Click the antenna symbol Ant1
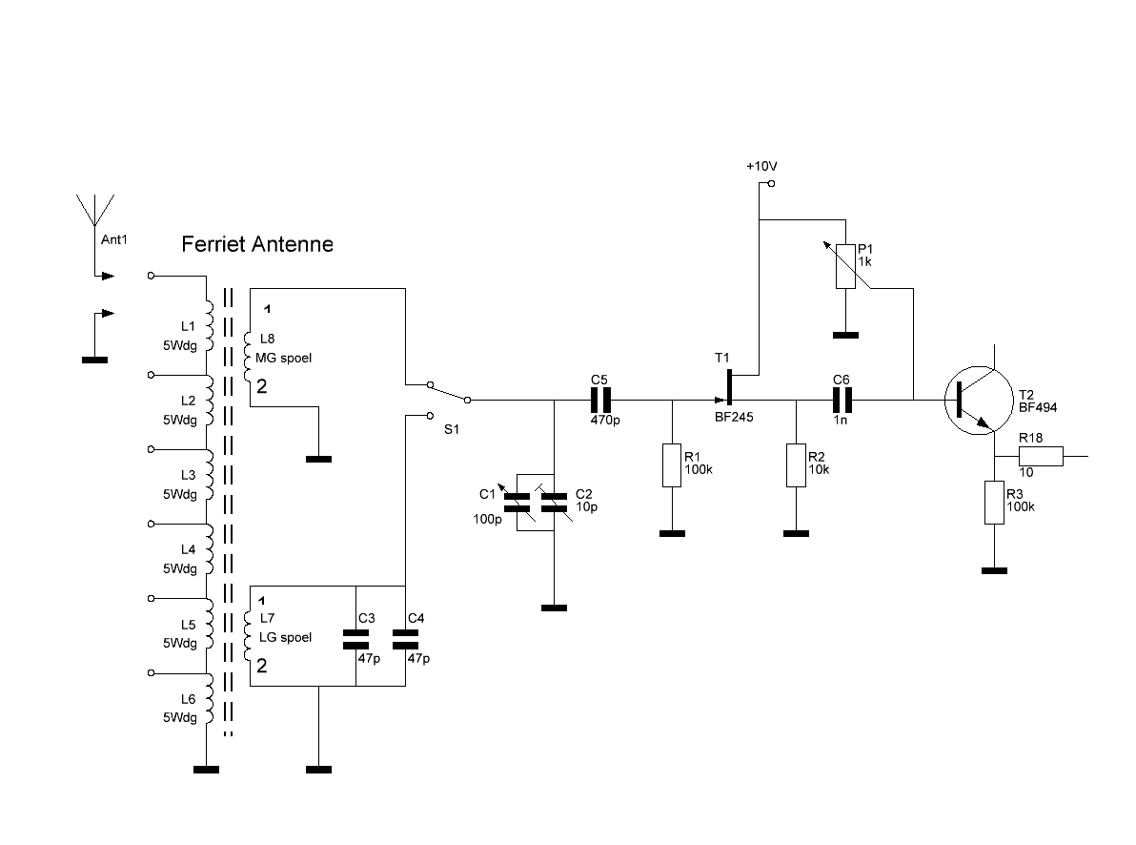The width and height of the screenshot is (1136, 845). point(95,211)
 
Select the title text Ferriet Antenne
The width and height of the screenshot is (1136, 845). point(257,244)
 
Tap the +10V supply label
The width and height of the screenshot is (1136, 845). point(761,166)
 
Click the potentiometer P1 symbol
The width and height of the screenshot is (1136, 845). point(845,266)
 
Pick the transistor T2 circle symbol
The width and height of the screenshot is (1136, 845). point(978,401)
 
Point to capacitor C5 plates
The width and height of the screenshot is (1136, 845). point(600,400)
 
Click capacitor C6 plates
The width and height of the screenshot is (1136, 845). point(842,400)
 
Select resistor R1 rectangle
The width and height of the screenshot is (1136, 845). point(672,464)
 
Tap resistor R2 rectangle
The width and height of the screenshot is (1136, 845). point(796,464)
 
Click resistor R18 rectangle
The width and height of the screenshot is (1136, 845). point(1041,456)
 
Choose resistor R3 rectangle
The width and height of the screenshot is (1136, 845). point(994,502)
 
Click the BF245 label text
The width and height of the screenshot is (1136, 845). point(734,418)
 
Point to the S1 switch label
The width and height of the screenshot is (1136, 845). point(452,429)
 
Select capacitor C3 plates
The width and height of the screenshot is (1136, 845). point(355,639)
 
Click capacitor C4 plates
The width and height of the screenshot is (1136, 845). point(405,639)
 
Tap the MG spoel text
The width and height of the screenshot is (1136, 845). point(283,359)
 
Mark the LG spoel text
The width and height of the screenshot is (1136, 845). point(286,637)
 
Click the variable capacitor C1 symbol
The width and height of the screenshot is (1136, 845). point(517,502)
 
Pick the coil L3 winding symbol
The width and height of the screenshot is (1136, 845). point(210,475)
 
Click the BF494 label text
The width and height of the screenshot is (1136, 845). point(1038,407)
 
